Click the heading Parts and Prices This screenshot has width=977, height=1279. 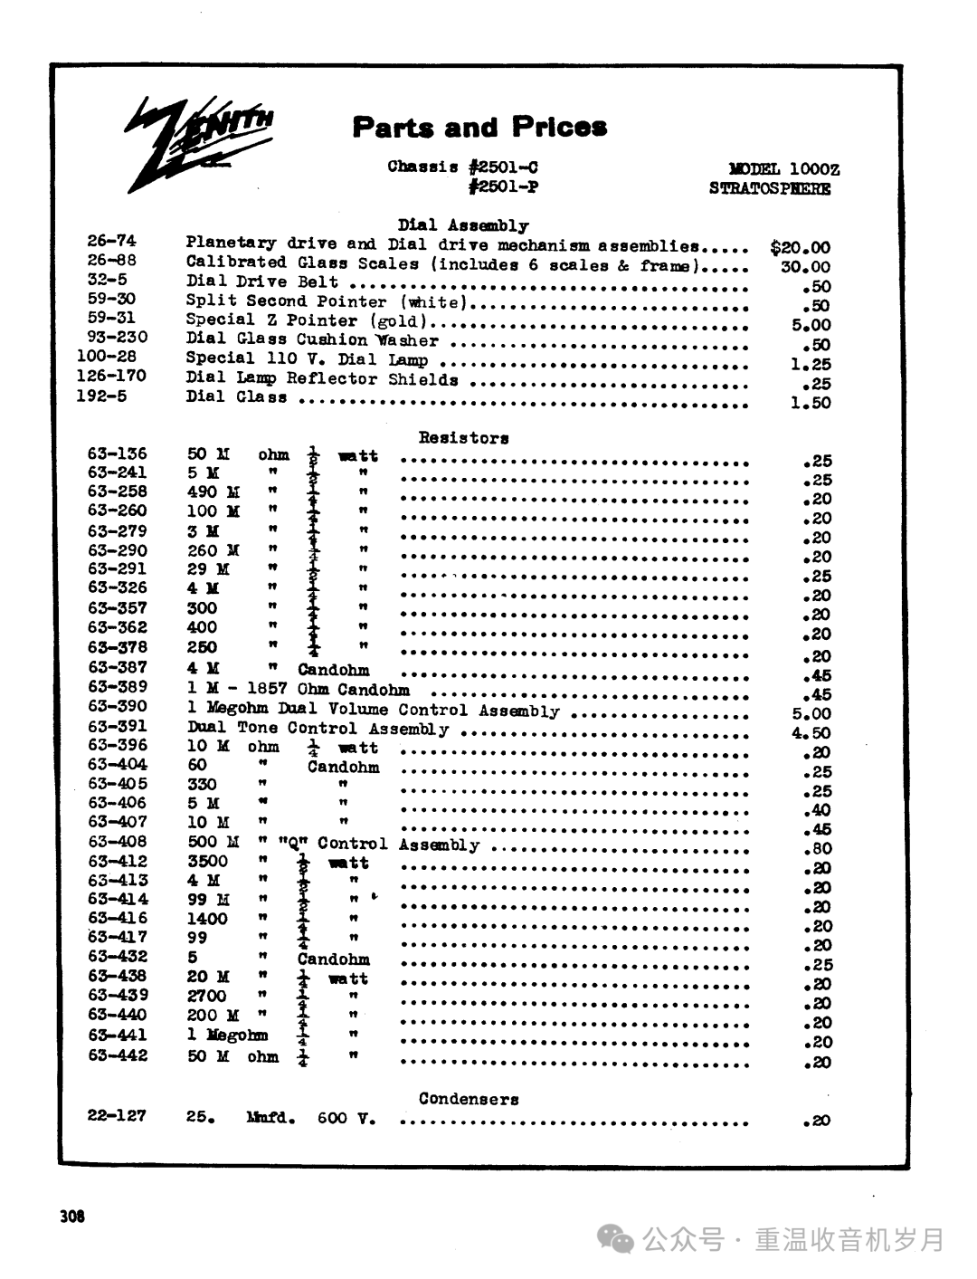(479, 127)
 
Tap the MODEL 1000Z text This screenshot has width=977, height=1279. (783, 168)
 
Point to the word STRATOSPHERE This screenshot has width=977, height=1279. (770, 188)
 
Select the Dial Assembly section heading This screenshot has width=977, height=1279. (463, 225)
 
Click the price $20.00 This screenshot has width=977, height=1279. (800, 247)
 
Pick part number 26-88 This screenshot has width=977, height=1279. (111, 261)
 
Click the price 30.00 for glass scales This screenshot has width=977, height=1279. (805, 267)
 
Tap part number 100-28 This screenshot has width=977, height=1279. (107, 357)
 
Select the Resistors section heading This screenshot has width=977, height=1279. (463, 438)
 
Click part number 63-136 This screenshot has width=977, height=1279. (118, 453)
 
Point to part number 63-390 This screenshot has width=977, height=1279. (118, 706)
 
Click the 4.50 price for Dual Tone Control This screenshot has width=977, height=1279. (811, 733)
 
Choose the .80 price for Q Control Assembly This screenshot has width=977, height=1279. (817, 849)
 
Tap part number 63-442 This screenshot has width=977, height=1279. (118, 1055)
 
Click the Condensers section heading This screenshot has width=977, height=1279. (469, 1099)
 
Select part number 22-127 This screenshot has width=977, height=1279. (117, 1115)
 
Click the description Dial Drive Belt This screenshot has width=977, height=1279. (262, 282)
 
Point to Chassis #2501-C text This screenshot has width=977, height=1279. (462, 167)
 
